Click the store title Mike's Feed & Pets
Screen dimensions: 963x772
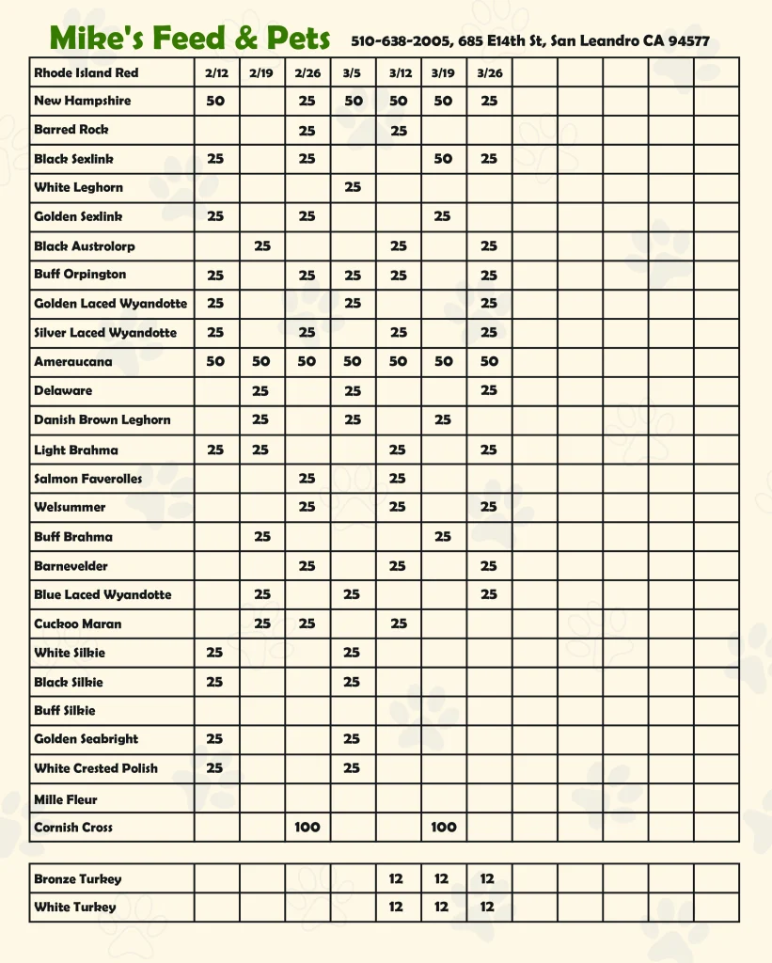coord(190,39)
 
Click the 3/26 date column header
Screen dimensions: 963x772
coord(489,72)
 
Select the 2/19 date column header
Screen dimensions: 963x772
coord(261,72)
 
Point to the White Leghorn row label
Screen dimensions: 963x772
coord(78,187)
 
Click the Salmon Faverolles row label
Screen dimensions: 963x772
coord(88,479)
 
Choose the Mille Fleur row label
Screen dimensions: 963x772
coord(66,799)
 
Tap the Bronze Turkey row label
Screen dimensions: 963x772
coord(77,879)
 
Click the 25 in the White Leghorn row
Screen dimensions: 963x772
coord(353,187)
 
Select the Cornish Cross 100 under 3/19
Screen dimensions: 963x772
coord(444,828)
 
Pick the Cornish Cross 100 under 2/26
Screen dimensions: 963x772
coord(307,828)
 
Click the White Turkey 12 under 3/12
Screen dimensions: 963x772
coord(396,908)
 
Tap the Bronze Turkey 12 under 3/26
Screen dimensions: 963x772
coord(487,879)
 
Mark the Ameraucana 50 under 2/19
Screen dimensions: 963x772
coord(261,361)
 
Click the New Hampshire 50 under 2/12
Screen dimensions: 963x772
coord(215,101)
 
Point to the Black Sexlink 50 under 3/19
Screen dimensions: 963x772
coord(443,159)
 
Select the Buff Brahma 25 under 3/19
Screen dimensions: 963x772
coord(443,537)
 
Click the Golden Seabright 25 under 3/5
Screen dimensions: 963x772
coord(352,739)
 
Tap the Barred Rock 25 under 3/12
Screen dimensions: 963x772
coord(399,131)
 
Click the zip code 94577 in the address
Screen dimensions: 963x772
coord(688,41)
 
